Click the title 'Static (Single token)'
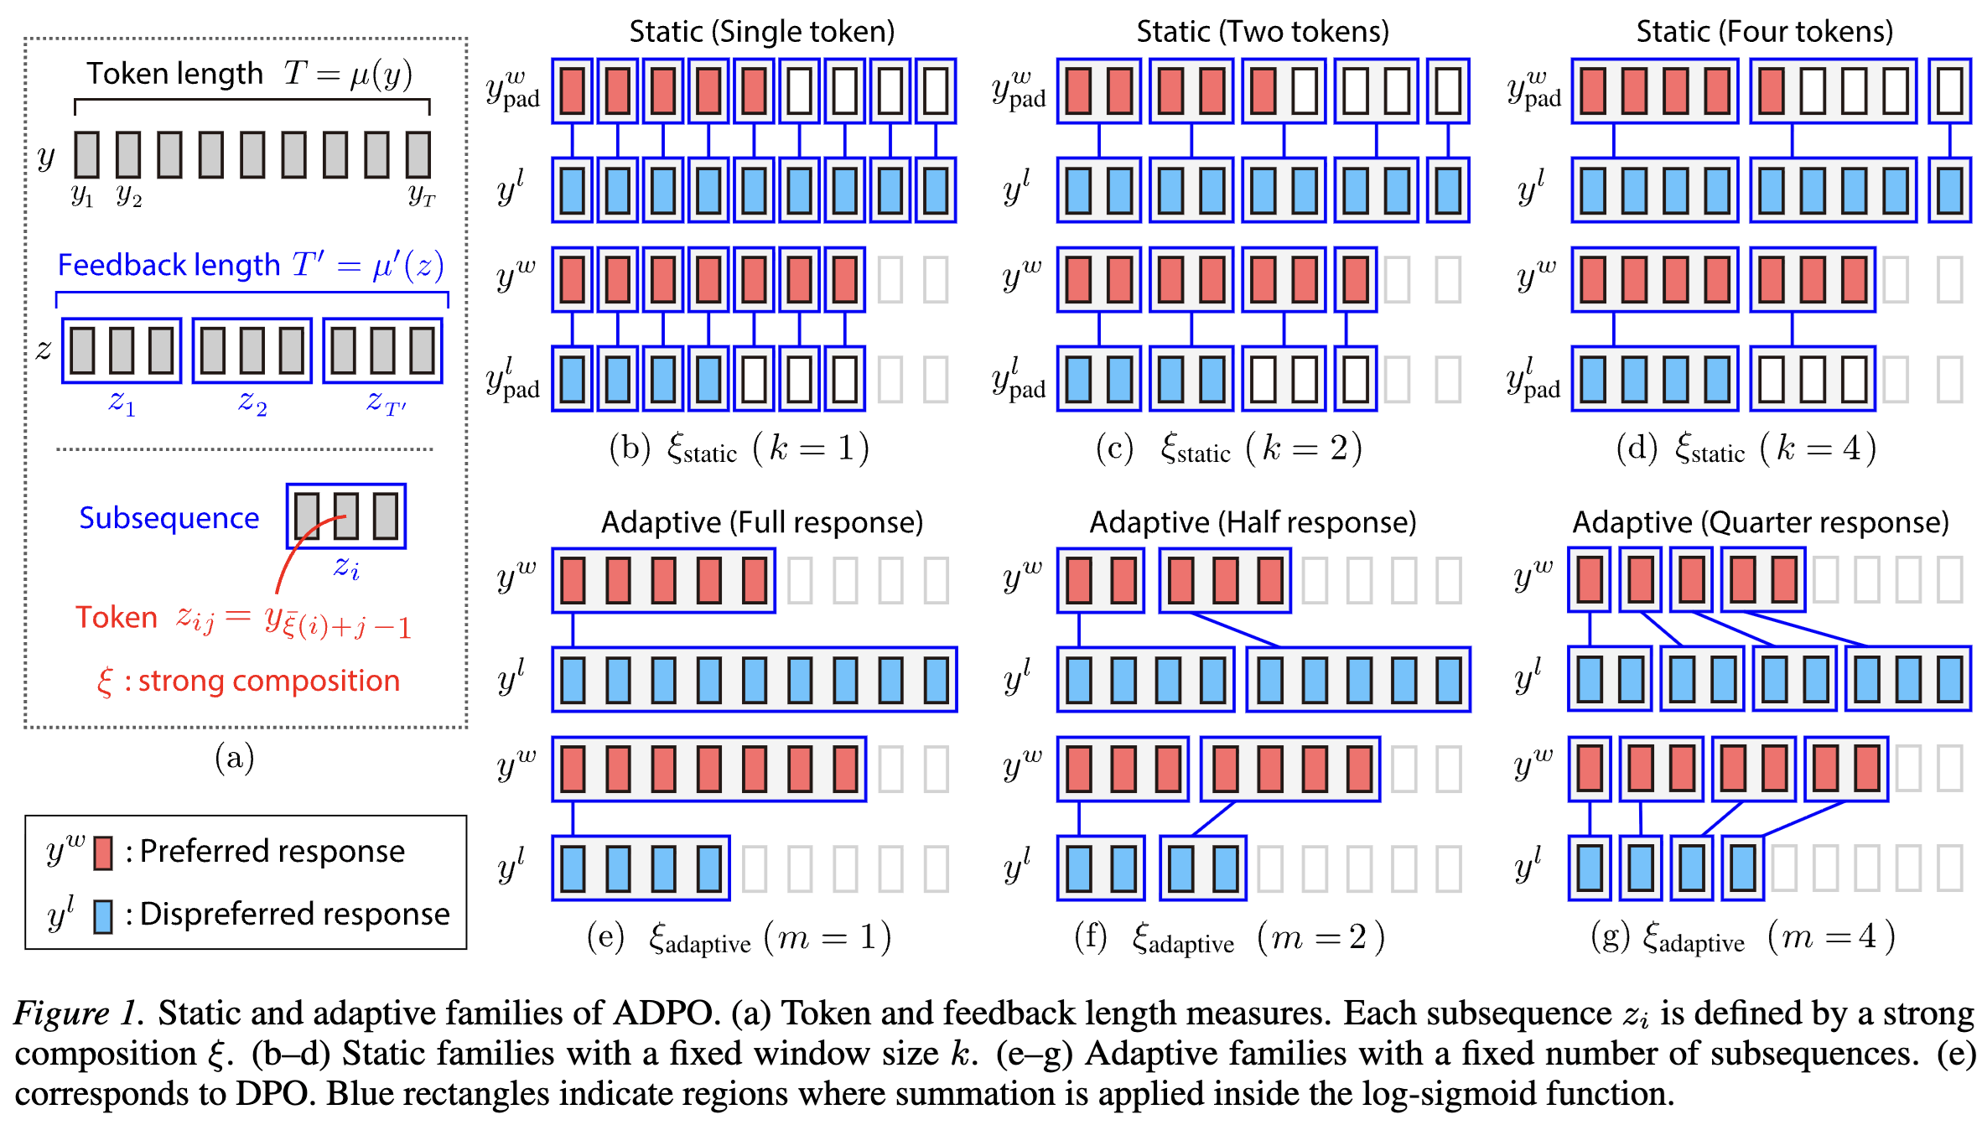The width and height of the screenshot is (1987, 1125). (x=761, y=32)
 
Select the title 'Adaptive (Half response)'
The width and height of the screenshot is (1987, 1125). (x=1253, y=522)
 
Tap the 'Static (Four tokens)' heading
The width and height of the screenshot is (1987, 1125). (x=1764, y=32)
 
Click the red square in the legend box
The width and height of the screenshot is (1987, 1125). (x=103, y=853)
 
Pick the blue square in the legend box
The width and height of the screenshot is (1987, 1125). (x=103, y=916)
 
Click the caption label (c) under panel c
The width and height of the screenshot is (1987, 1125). (x=1114, y=448)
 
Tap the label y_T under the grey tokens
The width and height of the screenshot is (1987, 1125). (x=422, y=196)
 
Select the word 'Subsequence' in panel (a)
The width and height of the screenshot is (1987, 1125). (x=169, y=518)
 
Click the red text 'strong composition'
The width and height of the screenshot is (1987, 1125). (x=268, y=681)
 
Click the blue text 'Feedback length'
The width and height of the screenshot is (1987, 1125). (x=168, y=265)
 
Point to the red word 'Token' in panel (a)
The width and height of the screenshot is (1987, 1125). (x=117, y=618)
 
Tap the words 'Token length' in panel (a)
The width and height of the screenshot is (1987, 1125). (x=174, y=74)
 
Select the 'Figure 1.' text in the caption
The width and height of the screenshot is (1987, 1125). (x=78, y=1013)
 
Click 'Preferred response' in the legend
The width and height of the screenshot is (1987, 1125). (x=272, y=852)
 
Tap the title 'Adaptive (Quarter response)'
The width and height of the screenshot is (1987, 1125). (x=1760, y=522)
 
